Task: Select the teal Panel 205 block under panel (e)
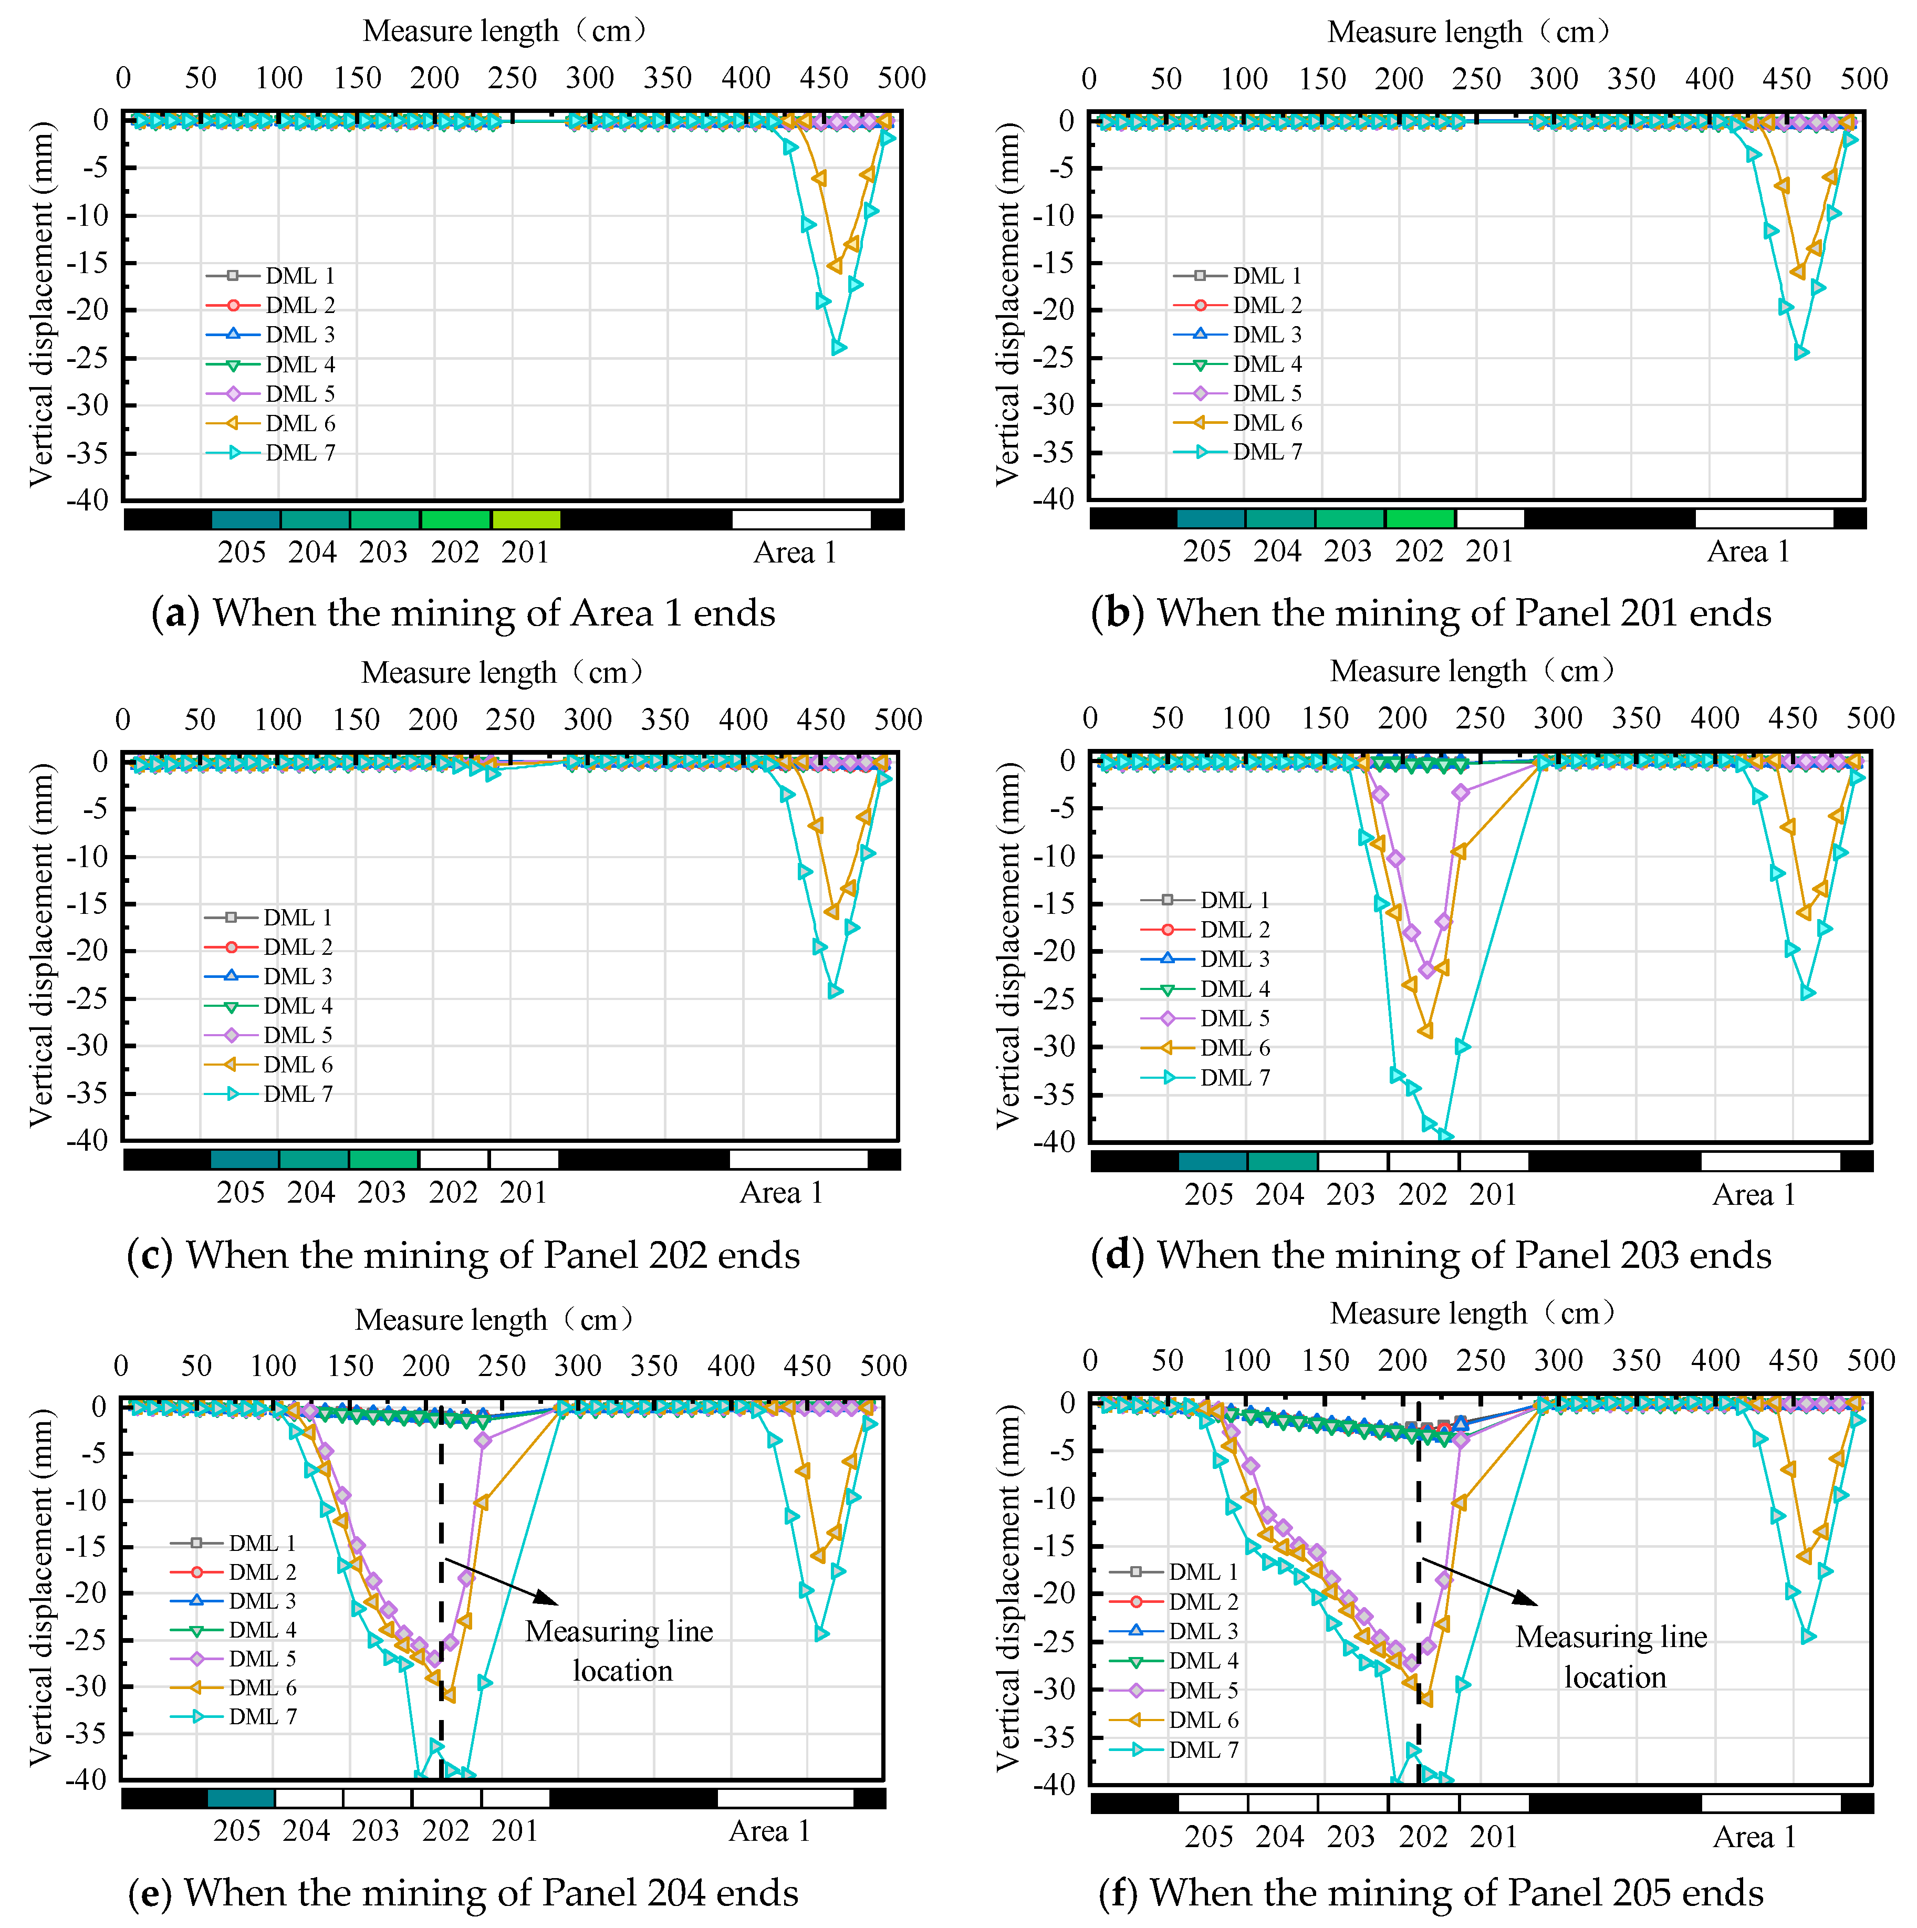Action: pos(241,1798)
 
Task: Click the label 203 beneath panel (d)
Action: pos(1350,1194)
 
